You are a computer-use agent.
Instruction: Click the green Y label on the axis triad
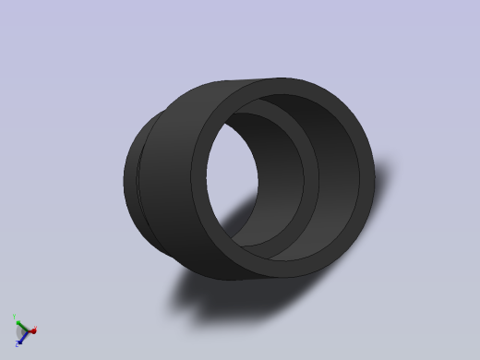click(x=16, y=317)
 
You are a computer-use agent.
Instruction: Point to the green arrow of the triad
click(x=19, y=322)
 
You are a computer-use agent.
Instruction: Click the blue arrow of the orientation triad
click(x=21, y=335)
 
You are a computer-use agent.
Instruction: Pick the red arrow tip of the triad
click(x=32, y=330)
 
